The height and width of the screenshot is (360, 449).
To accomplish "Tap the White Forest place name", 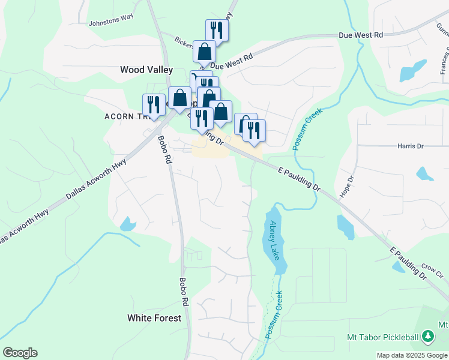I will click(154, 318).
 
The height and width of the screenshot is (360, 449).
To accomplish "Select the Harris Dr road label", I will click(411, 146).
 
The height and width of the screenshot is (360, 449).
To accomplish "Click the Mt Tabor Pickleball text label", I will click(382, 337).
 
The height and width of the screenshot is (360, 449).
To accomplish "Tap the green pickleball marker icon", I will click(427, 337).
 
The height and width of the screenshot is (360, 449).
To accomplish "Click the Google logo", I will click(20, 353).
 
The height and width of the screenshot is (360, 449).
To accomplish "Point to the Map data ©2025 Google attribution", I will click(411, 355).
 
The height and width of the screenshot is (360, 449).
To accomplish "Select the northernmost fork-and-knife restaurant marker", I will click(216, 29).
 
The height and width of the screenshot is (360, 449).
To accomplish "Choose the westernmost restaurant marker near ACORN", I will click(154, 105).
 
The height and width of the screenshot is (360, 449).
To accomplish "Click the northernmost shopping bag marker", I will click(204, 52).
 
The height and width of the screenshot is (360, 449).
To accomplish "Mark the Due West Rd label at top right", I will click(360, 36).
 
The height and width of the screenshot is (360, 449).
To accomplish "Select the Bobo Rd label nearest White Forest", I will click(184, 292).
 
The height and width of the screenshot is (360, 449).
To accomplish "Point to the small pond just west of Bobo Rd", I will click(128, 224).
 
